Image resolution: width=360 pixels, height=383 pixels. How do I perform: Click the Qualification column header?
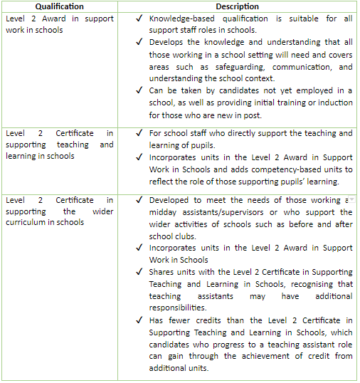coord(59,7)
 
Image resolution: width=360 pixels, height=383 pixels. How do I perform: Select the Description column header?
coord(237,7)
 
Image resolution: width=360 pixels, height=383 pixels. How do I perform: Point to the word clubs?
coord(193,236)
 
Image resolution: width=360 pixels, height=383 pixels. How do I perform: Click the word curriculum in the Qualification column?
coord(28,223)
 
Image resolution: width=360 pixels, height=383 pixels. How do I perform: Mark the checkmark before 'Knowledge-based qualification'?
coord(139,19)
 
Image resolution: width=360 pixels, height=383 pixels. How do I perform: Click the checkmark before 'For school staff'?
coord(139,133)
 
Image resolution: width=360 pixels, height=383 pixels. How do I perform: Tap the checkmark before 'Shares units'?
coord(139,272)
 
